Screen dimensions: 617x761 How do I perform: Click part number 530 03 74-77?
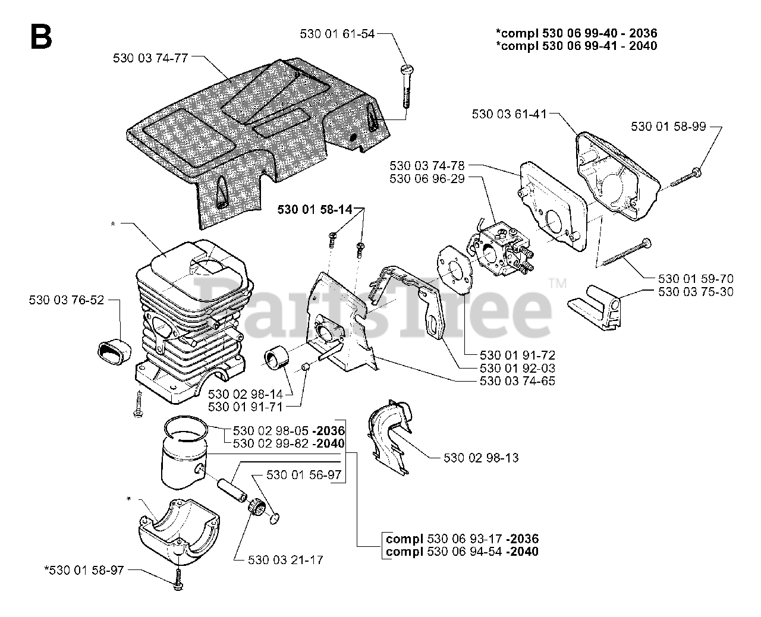(x=150, y=58)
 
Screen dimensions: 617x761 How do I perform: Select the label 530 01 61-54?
(x=337, y=34)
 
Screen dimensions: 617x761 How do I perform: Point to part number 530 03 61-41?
(x=509, y=114)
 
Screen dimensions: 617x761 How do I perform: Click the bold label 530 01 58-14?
(x=315, y=209)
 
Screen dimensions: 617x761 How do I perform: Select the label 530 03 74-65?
(x=517, y=380)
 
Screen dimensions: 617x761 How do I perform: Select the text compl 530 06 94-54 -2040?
(x=462, y=552)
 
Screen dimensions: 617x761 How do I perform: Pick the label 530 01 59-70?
(x=696, y=278)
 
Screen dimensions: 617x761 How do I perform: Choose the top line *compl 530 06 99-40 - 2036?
(x=576, y=33)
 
